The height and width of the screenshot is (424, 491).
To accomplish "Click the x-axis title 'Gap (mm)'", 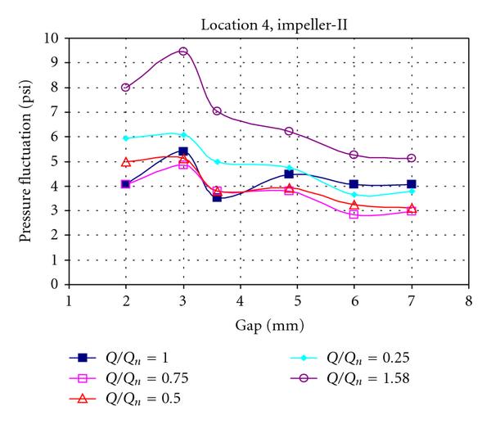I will tap(268, 325).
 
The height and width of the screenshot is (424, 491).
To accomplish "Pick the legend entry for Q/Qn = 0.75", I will tap(123, 377).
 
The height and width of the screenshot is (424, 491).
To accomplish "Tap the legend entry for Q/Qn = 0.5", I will tap(119, 399).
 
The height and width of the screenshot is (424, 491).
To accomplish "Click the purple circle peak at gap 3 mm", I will tap(183, 52).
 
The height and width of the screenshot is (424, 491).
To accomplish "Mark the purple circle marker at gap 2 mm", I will tap(126, 88).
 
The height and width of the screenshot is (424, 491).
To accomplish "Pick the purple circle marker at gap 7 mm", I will tap(411, 158).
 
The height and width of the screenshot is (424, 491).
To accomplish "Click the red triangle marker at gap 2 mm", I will tap(126, 162).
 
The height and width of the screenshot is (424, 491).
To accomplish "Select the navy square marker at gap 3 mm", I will tap(183, 151).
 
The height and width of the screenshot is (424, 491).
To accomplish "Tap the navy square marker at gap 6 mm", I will tap(354, 184).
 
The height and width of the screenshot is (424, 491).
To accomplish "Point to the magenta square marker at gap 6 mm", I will tap(354, 214).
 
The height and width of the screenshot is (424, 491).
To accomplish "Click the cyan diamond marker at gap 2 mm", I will tap(126, 138).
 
